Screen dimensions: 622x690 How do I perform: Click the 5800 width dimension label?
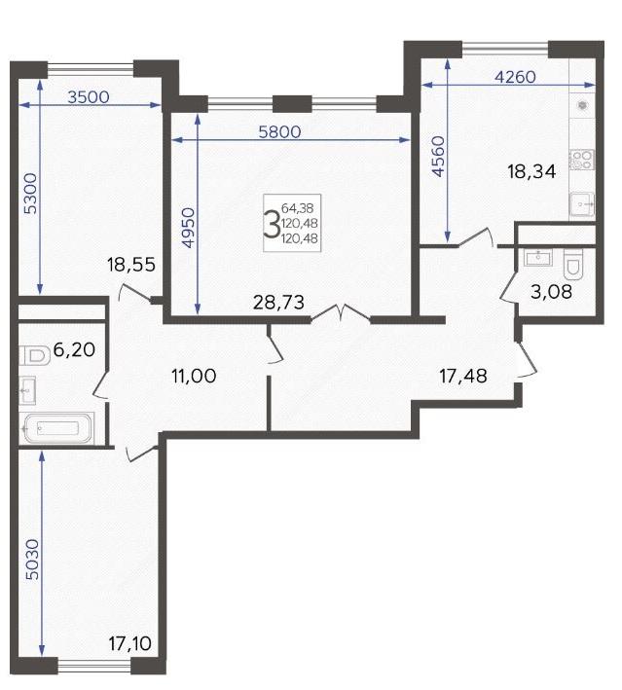click(279, 131)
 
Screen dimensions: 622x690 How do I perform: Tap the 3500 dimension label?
click(89, 96)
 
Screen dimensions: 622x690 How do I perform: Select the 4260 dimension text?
click(516, 77)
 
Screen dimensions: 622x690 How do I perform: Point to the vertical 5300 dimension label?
click(30, 194)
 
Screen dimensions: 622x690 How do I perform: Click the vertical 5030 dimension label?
click(32, 560)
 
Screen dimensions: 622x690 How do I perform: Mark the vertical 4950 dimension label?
click(188, 228)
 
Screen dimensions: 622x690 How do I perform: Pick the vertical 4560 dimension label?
click(438, 157)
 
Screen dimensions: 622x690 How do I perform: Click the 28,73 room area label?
click(278, 303)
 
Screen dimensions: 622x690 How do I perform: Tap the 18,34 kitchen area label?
click(531, 171)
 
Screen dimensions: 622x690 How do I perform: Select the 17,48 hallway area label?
click(463, 376)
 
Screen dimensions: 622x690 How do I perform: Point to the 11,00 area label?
click(194, 376)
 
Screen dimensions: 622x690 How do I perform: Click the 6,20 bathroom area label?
click(74, 349)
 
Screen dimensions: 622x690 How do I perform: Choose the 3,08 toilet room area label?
click(551, 291)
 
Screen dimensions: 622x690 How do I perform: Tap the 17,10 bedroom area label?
click(130, 644)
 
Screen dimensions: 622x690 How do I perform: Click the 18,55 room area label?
click(131, 265)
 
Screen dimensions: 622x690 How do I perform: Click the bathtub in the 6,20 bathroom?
click(56, 428)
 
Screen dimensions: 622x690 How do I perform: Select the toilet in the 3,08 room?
click(573, 265)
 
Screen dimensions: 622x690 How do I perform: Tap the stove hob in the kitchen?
click(582, 160)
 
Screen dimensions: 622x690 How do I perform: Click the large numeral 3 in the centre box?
click(272, 224)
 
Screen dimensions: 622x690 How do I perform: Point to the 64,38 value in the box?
click(298, 207)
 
